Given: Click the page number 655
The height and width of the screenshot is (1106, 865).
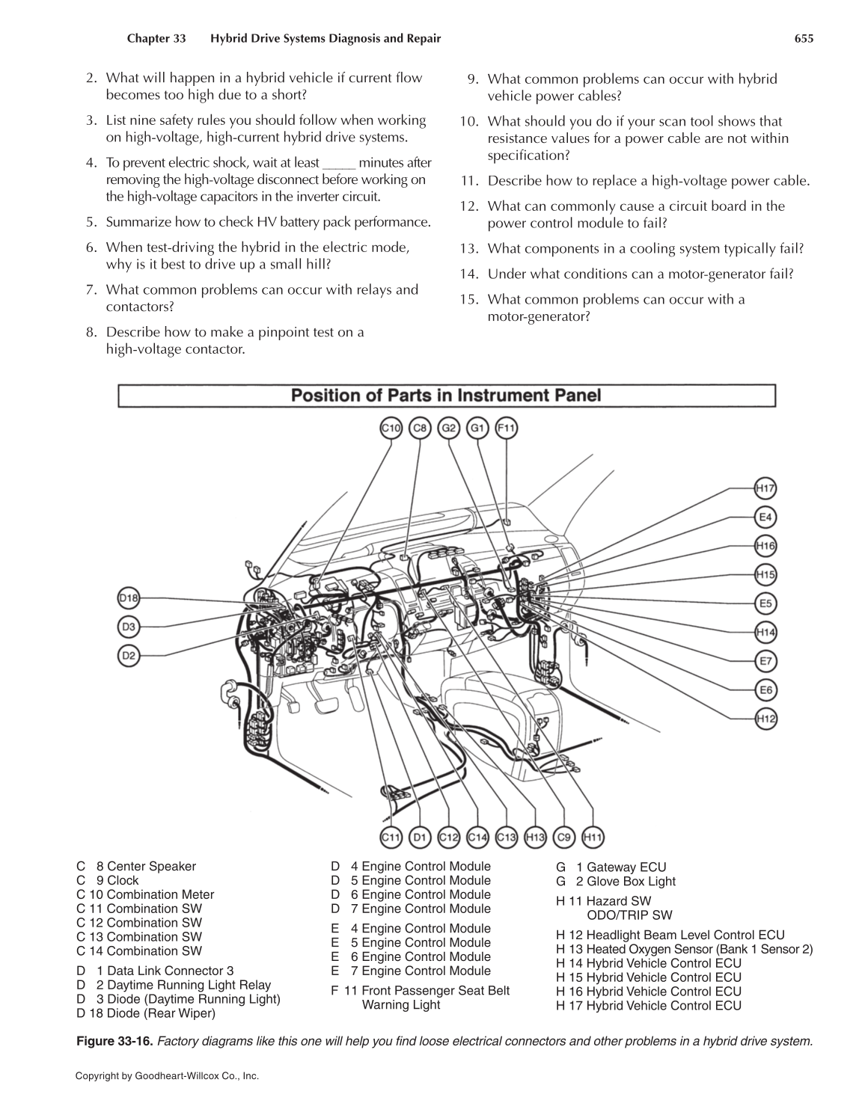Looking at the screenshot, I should pos(804,38).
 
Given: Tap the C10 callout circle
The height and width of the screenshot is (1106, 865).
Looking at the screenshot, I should pos(391,428).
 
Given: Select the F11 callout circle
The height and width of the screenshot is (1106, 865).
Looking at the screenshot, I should pos(507,428).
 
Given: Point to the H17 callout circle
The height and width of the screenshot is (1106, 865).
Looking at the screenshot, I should pos(765,489).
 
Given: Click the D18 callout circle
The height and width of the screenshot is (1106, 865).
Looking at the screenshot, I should pos(129,598).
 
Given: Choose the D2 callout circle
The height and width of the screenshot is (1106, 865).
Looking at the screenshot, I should pos(129,656).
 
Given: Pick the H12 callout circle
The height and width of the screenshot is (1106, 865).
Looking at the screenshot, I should pos(765,719).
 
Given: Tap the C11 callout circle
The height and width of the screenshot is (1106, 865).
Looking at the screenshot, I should pos(391,838).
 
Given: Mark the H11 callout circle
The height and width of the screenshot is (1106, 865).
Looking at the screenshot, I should pos(593,838).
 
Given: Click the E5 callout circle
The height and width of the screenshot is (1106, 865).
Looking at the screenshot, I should pos(765,603).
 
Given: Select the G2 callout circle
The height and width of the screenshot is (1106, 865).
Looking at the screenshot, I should pos(449,428).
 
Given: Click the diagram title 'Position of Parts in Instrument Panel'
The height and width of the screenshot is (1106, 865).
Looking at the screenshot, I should pos(446,395).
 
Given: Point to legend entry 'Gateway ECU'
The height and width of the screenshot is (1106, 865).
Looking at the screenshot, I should pos(626,867).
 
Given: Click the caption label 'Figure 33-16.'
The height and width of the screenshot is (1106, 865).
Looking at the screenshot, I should pos(115,1041).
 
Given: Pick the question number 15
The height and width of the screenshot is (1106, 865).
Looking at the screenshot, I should pos(468,300).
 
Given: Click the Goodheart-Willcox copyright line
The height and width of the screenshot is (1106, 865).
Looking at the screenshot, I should pos(167,1076).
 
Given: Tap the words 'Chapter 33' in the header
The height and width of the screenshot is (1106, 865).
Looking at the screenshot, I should pos(156,38).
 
